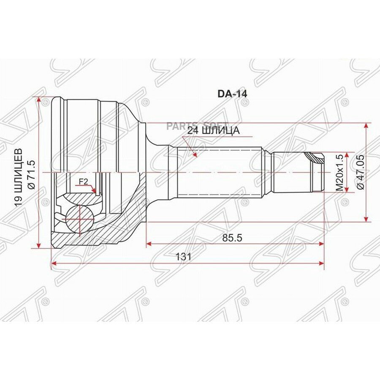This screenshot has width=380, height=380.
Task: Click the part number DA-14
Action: click(x=232, y=94)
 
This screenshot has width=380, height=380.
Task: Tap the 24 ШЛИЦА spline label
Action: click(x=213, y=131)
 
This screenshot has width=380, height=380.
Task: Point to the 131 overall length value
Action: click(x=184, y=257)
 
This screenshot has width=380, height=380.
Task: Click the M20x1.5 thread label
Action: click(x=340, y=173)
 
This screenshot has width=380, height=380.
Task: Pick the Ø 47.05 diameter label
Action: click(x=360, y=172)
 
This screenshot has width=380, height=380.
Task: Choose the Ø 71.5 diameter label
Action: click(x=32, y=174)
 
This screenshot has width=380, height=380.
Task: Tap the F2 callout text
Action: click(x=83, y=182)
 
